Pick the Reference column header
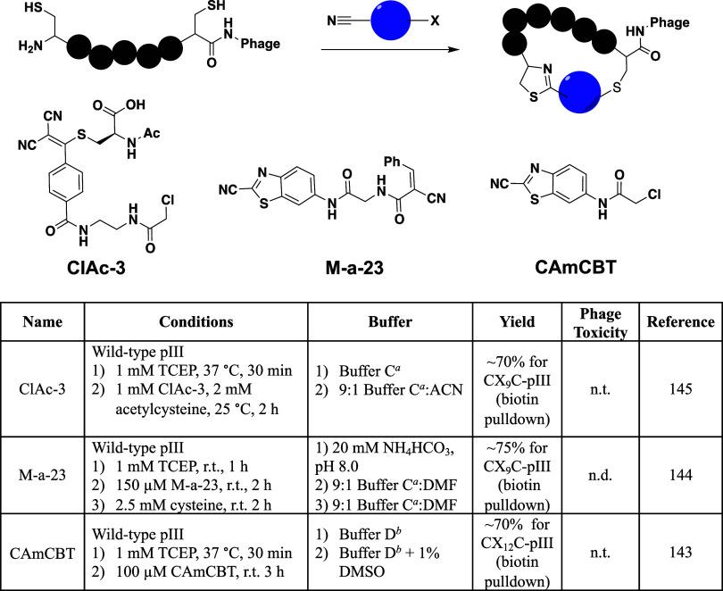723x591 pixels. pyautogui.click(x=680, y=322)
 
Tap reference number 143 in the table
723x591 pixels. pyautogui.click(x=680, y=553)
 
